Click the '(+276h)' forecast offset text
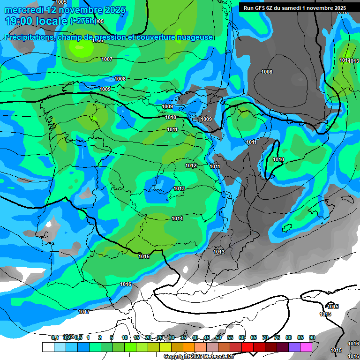click(x=83, y=21)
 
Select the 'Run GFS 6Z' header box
click(x=294, y=7)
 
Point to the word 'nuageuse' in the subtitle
click(x=193, y=37)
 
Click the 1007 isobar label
click(x=107, y=59)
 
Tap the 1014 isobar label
click(x=177, y=219)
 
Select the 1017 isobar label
click(x=84, y=312)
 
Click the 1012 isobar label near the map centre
click(x=191, y=165)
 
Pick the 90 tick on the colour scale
click(x=312, y=337)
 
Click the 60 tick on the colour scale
click(x=242, y=337)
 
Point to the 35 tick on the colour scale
click(x=183, y=337)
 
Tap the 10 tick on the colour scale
click(x=125, y=337)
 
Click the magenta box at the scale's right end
click(x=306, y=346)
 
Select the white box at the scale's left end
click(x=48, y=346)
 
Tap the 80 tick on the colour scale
click(x=289, y=337)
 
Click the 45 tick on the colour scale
click(x=207, y=337)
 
